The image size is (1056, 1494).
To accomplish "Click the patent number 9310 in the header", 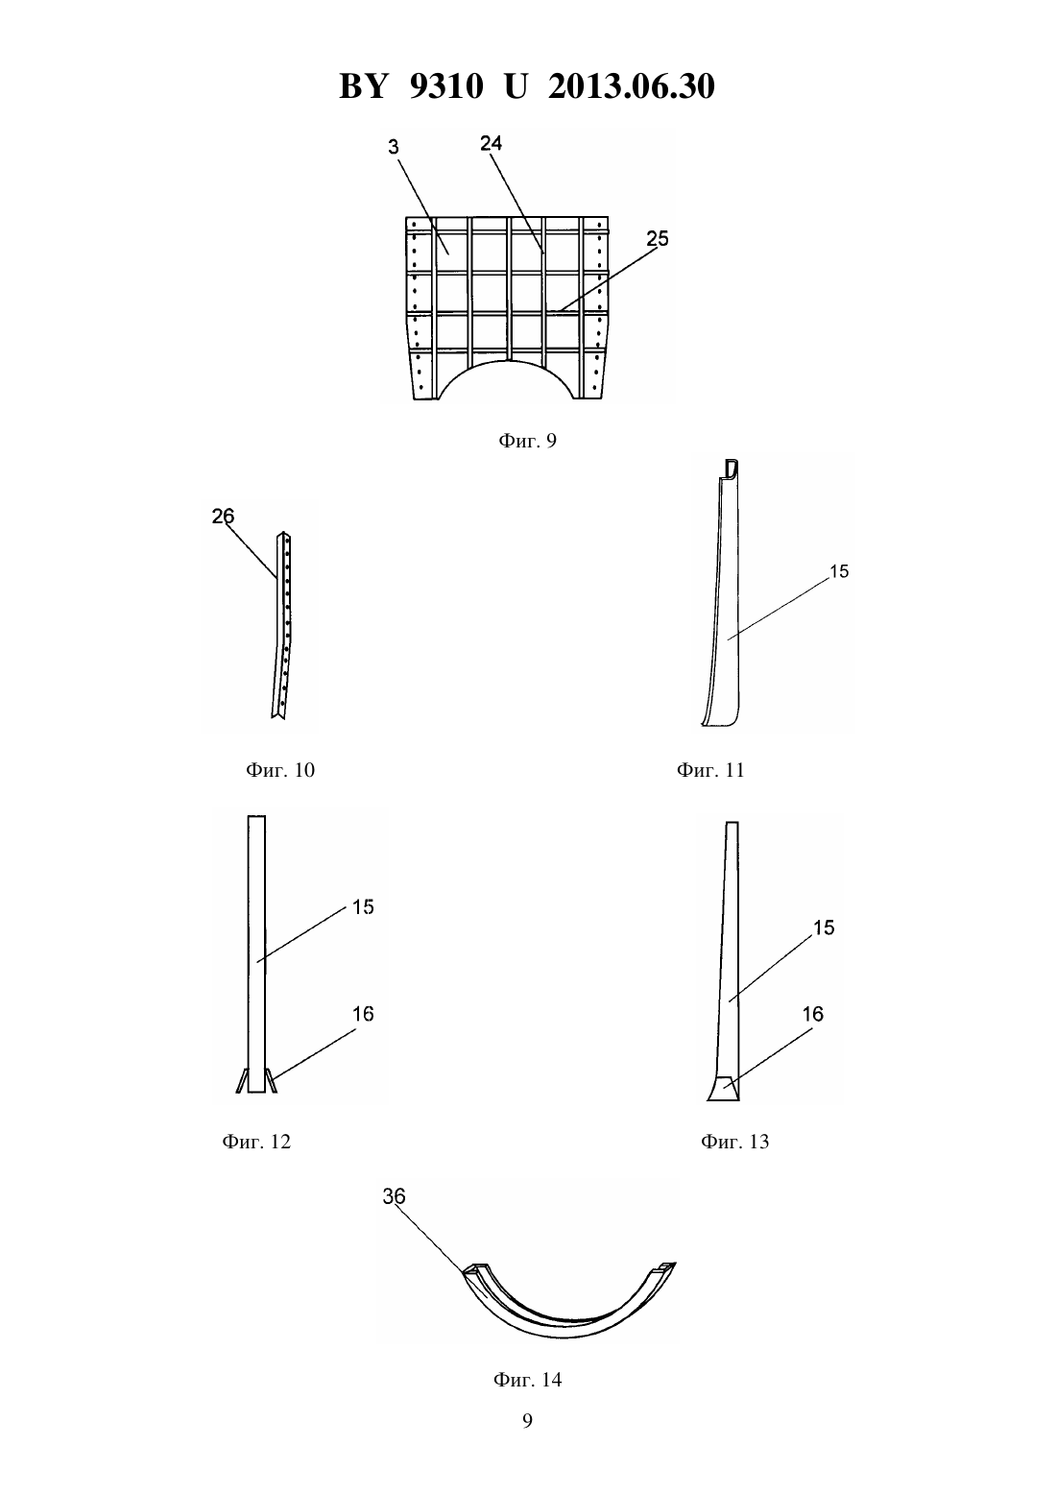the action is point(446,86).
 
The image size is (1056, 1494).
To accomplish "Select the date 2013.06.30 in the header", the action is point(632,86).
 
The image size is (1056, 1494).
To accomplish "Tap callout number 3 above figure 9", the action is point(394,147).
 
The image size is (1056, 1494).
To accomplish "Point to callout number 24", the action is point(492,143).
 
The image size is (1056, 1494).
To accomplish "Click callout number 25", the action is point(658,239).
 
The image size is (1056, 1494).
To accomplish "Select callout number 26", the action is point(224,516).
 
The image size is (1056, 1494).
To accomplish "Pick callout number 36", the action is point(394,1196).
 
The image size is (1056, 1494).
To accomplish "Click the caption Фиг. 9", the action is point(527,440).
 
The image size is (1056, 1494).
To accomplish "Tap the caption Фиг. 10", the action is point(280,770).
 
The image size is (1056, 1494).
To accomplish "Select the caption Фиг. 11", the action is point(710,770).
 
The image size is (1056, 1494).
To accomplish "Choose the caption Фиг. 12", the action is point(256,1142).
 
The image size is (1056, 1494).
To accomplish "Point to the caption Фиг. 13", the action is point(734,1142).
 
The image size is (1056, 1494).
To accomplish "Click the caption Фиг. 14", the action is point(527,1380).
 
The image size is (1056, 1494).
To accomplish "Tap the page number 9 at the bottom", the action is point(527,1421).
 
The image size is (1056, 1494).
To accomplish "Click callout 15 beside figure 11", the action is point(839,571).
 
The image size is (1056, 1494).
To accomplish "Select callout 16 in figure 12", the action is point(363,1014).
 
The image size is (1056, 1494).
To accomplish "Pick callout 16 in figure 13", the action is point(813,1014).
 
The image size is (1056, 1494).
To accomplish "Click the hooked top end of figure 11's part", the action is point(732,469).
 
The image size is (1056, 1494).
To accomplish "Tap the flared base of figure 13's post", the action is point(723,1089).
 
